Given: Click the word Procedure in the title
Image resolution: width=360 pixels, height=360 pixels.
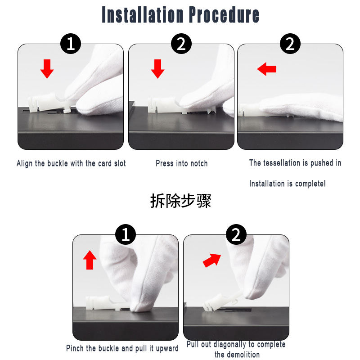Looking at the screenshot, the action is [x=224, y=15].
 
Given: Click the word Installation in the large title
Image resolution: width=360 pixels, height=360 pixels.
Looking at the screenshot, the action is [x=143, y=15].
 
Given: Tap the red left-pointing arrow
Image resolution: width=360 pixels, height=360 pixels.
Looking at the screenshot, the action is [x=266, y=69].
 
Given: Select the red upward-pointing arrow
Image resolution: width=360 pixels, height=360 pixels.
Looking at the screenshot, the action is [x=90, y=260].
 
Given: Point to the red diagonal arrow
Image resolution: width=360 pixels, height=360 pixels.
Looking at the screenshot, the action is [x=211, y=260].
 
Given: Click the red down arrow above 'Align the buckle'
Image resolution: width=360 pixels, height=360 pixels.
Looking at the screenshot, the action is [x=47, y=69].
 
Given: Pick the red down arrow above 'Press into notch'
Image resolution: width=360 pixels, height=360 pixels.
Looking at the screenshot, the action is [x=157, y=69].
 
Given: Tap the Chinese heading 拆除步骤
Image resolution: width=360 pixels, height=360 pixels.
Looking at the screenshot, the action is [x=180, y=201].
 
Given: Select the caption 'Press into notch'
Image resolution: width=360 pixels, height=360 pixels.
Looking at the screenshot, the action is [x=182, y=163].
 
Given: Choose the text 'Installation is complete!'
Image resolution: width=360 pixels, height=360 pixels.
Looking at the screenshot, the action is [x=287, y=184].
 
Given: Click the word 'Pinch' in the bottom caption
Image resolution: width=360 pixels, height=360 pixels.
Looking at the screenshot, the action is [x=75, y=348].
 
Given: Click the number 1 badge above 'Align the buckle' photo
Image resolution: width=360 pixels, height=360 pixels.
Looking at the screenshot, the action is [x=71, y=44].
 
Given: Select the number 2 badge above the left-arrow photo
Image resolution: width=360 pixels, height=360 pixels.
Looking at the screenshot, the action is [x=290, y=44].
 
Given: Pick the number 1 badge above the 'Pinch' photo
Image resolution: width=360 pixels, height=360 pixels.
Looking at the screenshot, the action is [x=126, y=234].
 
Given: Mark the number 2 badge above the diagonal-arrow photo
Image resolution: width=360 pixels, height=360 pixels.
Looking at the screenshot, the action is [x=236, y=234].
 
